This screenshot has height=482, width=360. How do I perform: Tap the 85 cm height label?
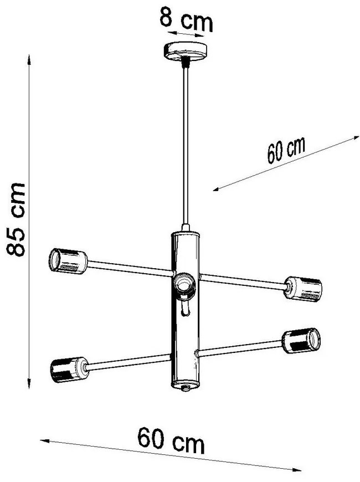16,219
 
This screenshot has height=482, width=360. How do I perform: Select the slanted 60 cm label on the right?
286,150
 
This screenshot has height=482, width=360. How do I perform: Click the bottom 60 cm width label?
171,440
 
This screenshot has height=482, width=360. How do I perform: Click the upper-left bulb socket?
68,261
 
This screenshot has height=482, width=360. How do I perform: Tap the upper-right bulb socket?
303,289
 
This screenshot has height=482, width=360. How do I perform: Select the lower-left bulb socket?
69,370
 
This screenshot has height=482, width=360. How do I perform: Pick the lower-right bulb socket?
301,341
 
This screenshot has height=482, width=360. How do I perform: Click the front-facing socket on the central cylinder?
184,285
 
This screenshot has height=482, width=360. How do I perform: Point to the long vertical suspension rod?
186,145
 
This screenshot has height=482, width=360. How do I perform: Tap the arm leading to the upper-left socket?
130,268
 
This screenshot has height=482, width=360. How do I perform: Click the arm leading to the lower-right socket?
240,348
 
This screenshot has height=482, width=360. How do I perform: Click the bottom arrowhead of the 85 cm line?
29,383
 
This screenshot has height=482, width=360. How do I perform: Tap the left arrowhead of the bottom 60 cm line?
45,441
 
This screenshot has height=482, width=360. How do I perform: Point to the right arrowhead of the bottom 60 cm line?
296,470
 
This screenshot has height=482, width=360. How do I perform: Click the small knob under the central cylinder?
185,388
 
